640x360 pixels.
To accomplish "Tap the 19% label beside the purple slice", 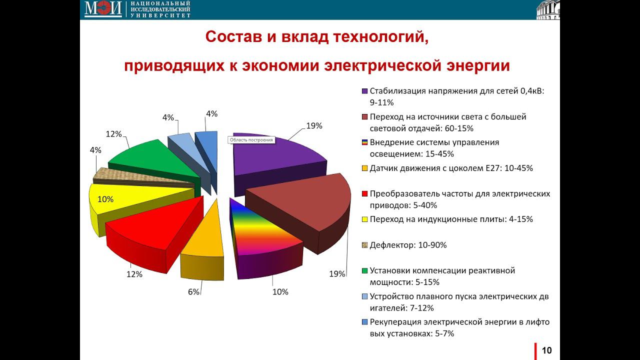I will pyautogui.click(x=314, y=126).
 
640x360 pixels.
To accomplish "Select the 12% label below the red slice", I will pyautogui.click(x=134, y=274).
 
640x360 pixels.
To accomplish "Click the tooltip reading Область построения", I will pyautogui.click(x=252, y=140).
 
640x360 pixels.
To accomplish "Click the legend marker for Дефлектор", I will pyautogui.click(x=364, y=245).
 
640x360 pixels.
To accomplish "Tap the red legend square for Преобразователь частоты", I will pyautogui.click(x=364, y=193).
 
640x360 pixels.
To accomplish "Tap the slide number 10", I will pyautogui.click(x=547, y=350).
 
